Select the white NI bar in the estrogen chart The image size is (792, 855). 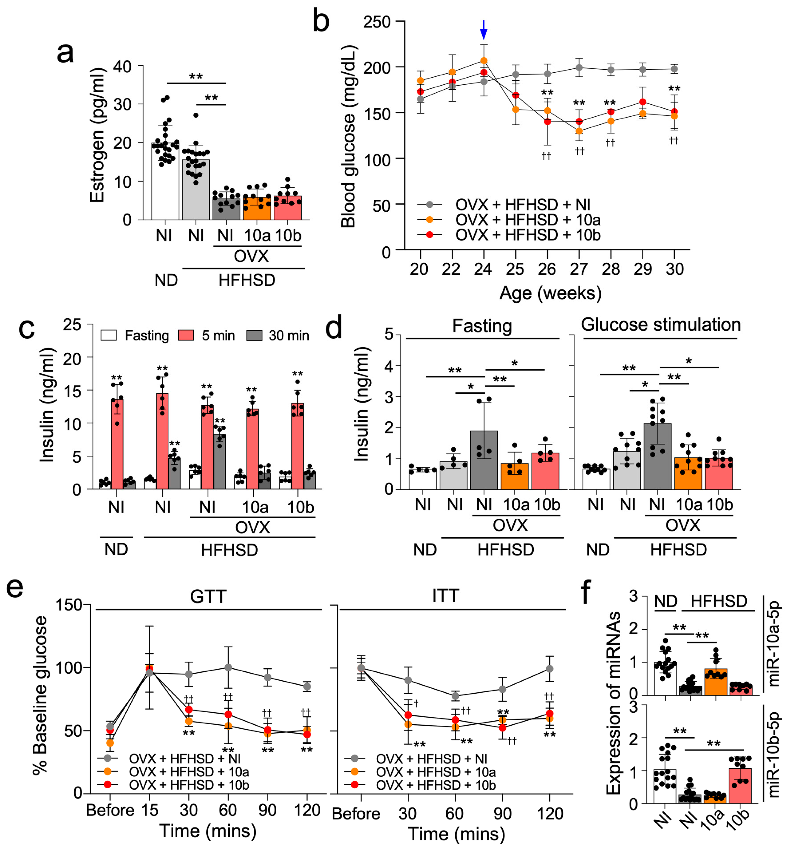(165, 182)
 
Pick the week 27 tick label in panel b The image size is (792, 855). (579, 269)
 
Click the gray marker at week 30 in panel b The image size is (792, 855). (674, 69)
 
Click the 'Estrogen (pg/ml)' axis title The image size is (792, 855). (98, 135)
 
